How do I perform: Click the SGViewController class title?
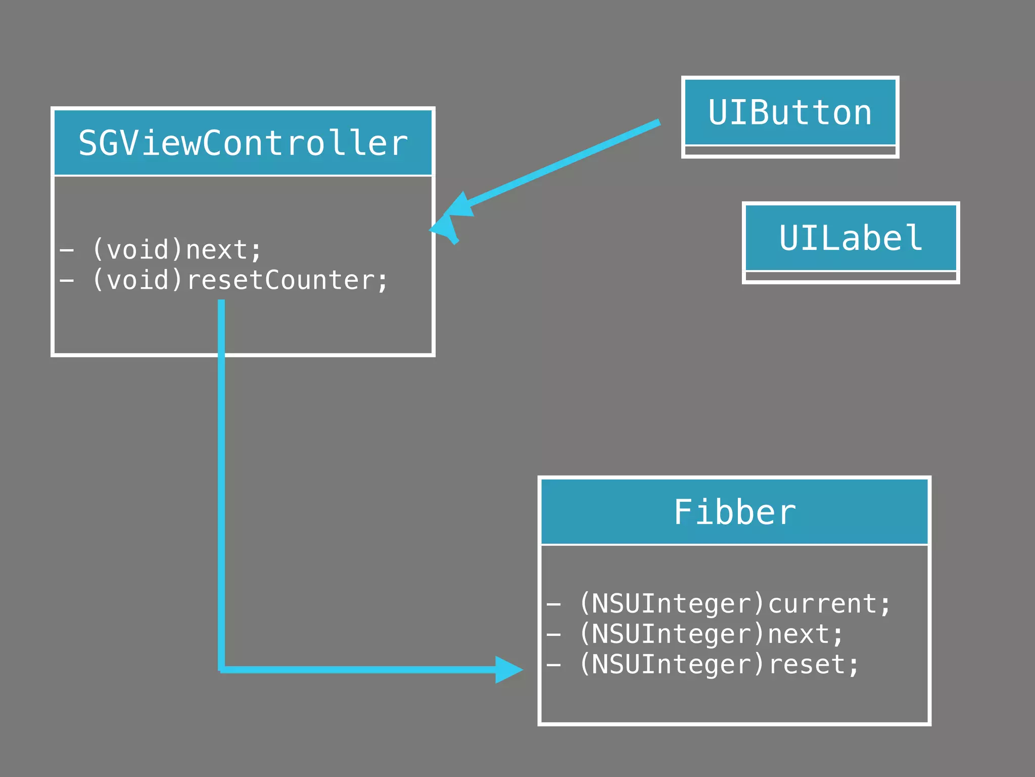[x=243, y=143]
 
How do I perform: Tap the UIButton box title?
[x=790, y=112]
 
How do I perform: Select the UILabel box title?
[x=851, y=238]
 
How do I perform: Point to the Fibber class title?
[x=734, y=512]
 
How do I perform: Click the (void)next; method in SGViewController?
[x=161, y=250]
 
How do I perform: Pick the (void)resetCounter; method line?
[x=224, y=280]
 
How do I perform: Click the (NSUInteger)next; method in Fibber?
[x=695, y=634]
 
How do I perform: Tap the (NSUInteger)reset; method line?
[x=703, y=665]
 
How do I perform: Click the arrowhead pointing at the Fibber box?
[x=508, y=670]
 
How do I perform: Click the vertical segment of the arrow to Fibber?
[x=221, y=481]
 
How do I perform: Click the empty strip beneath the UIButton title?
[x=790, y=151]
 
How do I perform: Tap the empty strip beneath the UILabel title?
[x=851, y=276]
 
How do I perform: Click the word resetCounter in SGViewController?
[x=281, y=280]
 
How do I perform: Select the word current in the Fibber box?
[x=822, y=604]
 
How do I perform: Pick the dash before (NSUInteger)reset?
[x=554, y=665]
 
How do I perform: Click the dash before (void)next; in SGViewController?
[x=67, y=250]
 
